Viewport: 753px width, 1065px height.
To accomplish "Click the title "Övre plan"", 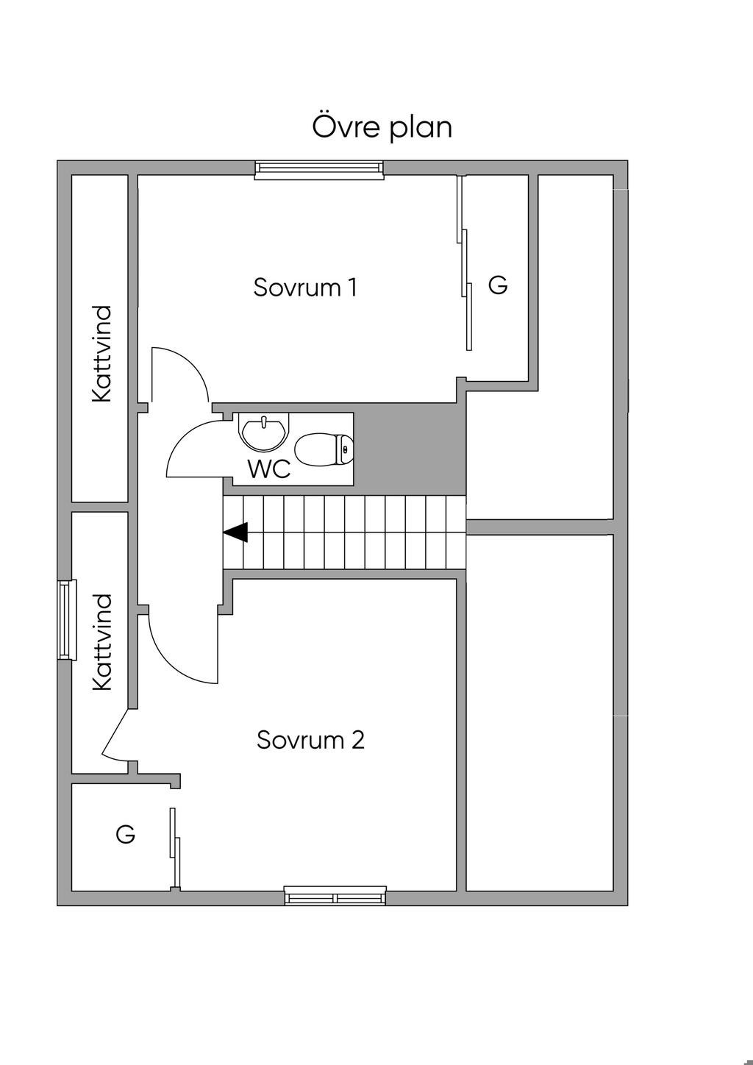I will pos(382,127).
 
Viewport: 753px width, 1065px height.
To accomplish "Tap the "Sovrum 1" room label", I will pos(305,287).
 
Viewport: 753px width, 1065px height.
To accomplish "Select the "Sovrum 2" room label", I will pos(310,739).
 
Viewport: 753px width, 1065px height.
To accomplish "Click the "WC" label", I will pos(269,469).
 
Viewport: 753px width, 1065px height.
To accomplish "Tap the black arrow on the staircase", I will pos(236,532).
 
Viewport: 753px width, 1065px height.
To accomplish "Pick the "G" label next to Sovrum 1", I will pos(498,285).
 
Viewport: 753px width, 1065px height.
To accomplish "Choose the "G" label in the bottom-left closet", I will pos(126,835).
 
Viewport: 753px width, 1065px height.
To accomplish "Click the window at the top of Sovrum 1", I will pos(319,169).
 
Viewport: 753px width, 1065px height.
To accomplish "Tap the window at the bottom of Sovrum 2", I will pos(335,897).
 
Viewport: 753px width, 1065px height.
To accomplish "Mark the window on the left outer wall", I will pos(67,619).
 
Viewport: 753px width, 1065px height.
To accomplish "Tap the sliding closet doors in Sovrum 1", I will pos(464,265).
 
